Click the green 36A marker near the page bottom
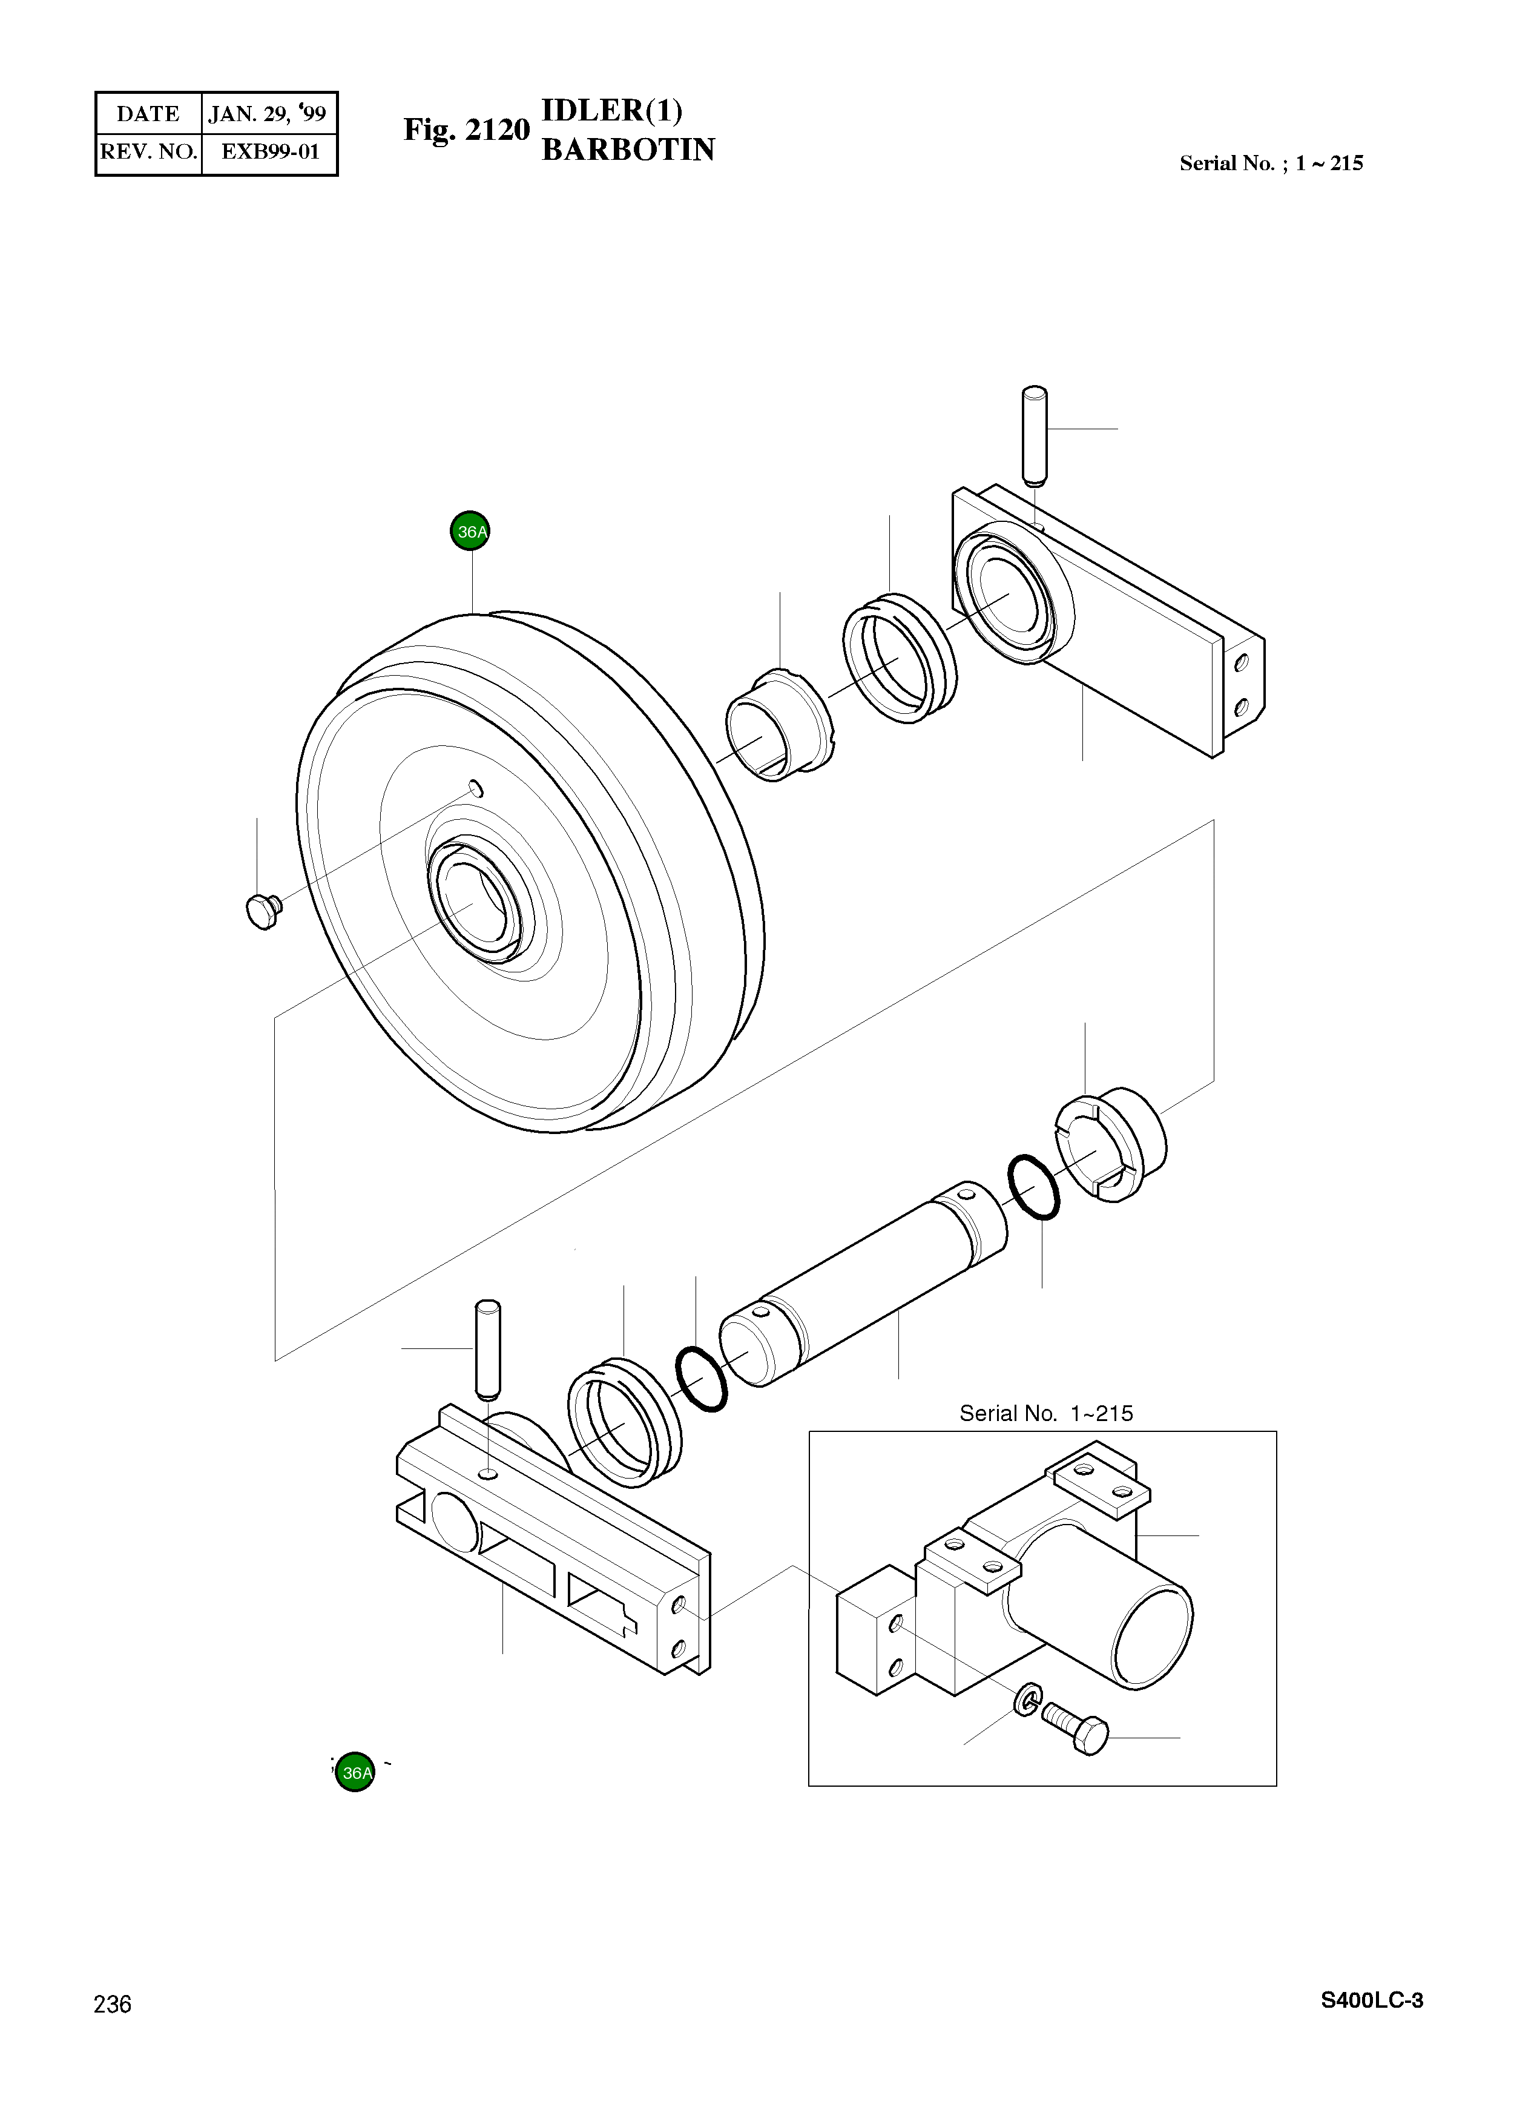click(355, 1772)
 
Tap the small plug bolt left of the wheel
click(263, 911)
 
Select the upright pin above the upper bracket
click(1035, 436)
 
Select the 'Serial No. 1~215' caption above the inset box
click(1045, 1413)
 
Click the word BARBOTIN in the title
click(628, 150)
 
